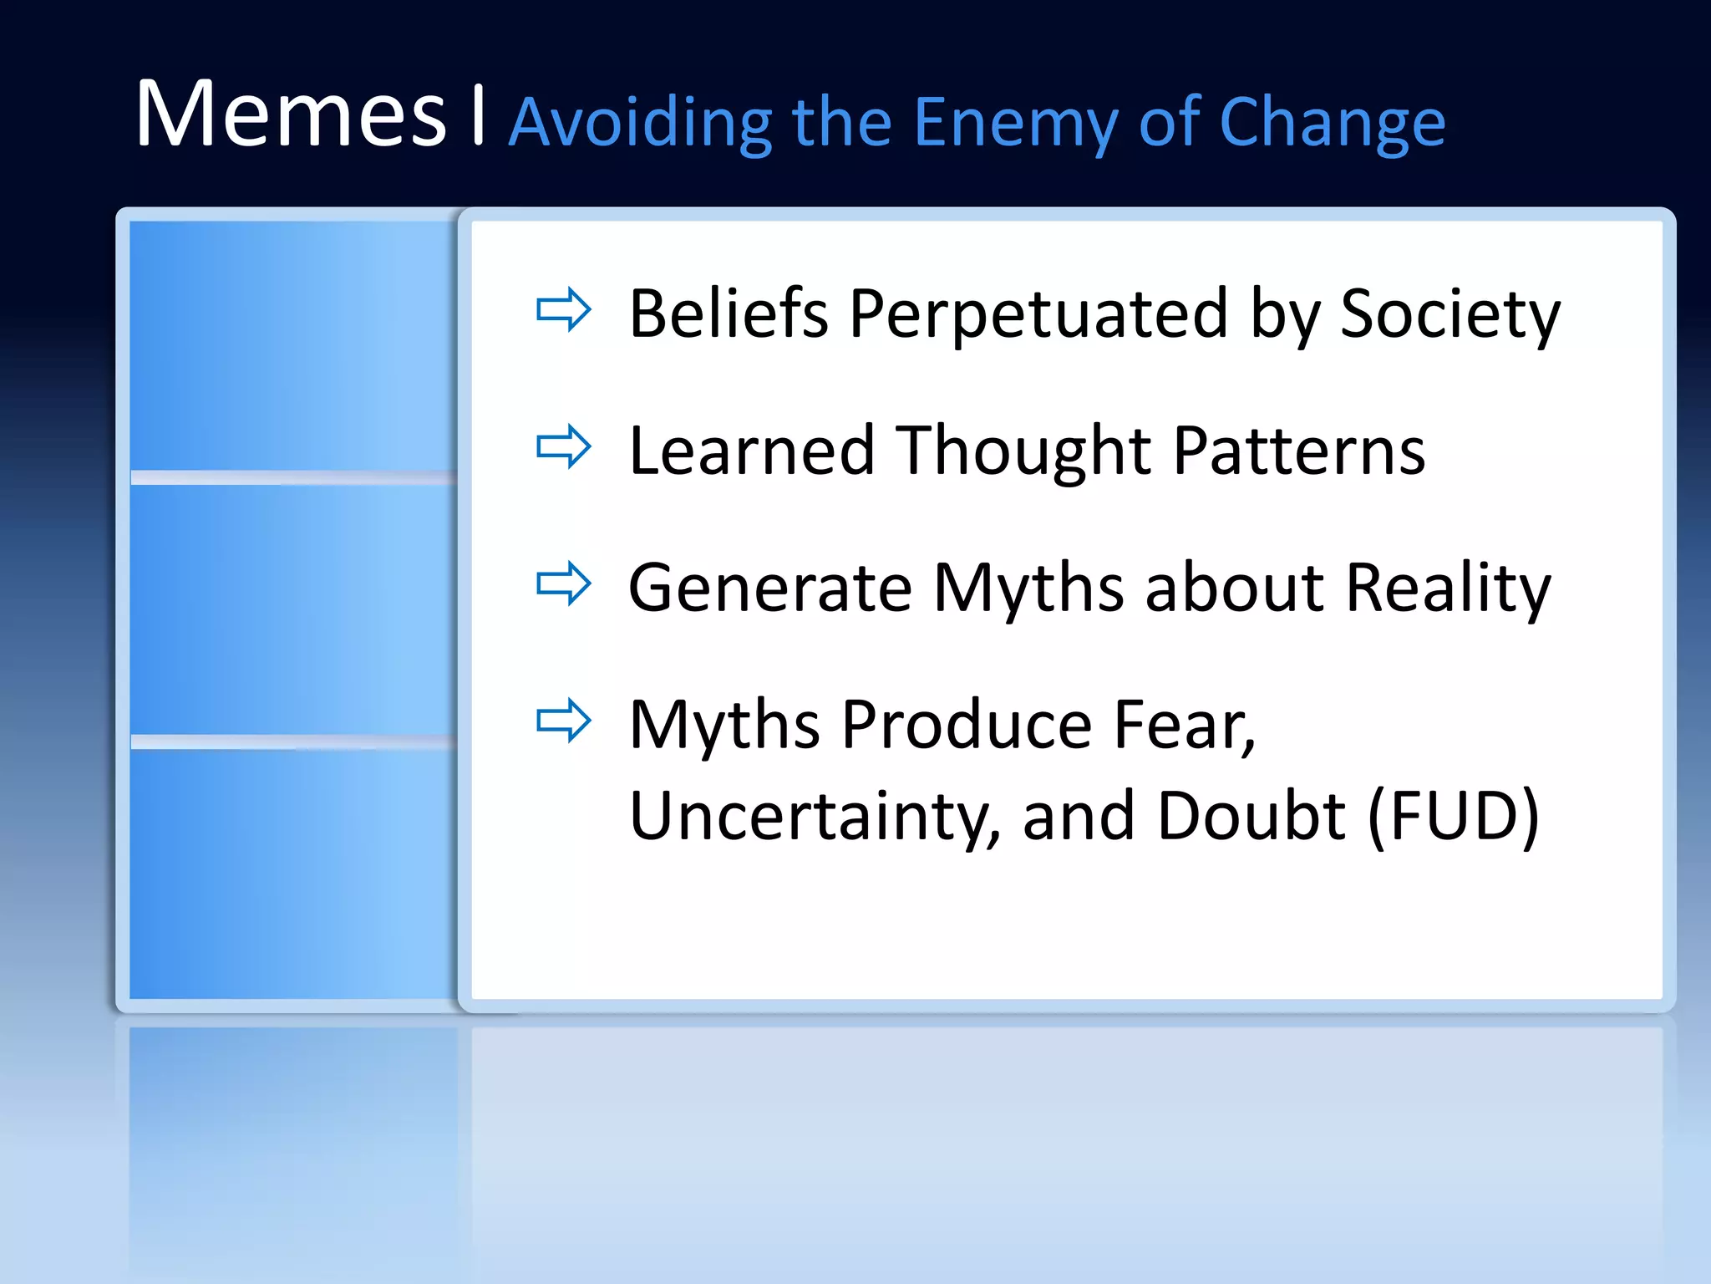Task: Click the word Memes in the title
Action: [291, 115]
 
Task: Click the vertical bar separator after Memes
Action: [478, 115]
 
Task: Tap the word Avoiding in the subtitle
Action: [640, 124]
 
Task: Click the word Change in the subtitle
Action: [1332, 124]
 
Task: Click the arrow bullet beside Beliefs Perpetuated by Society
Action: [564, 310]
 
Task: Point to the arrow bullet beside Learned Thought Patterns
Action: [564, 447]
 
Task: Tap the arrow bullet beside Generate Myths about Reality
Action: [564, 583]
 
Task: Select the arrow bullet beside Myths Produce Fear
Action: [564, 721]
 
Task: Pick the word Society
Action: [1450, 313]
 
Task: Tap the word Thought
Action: [1024, 451]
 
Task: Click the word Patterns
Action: [1299, 451]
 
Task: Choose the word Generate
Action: [769, 588]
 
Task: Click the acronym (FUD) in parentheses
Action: [1453, 816]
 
